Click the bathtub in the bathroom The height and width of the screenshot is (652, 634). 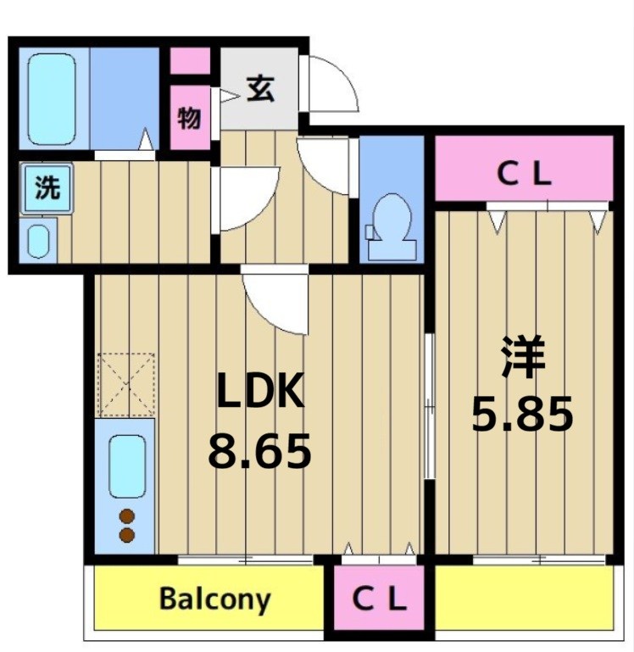[52, 99]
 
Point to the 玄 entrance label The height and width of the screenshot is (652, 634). [260, 87]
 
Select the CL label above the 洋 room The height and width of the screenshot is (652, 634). [523, 176]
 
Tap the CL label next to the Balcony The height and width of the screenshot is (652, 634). [379, 600]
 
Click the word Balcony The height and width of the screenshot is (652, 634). [214, 599]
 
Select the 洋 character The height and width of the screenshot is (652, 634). [521, 358]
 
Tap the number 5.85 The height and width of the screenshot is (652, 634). [522, 415]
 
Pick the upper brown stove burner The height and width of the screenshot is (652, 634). [126, 515]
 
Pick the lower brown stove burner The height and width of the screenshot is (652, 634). [126, 534]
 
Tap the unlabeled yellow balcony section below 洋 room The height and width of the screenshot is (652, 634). [522, 599]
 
